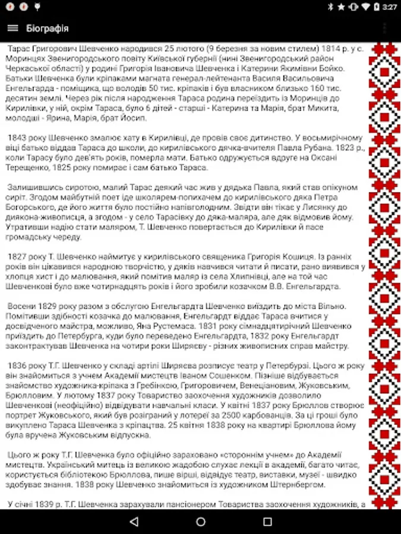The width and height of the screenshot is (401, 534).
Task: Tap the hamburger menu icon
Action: point(12,28)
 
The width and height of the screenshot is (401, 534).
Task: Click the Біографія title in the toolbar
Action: point(48,28)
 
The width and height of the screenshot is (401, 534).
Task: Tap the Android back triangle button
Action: point(134,522)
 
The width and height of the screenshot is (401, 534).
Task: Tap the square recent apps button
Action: point(267,522)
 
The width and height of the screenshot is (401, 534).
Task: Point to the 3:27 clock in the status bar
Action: point(389,7)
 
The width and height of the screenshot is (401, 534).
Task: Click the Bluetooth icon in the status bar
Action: point(330,7)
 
